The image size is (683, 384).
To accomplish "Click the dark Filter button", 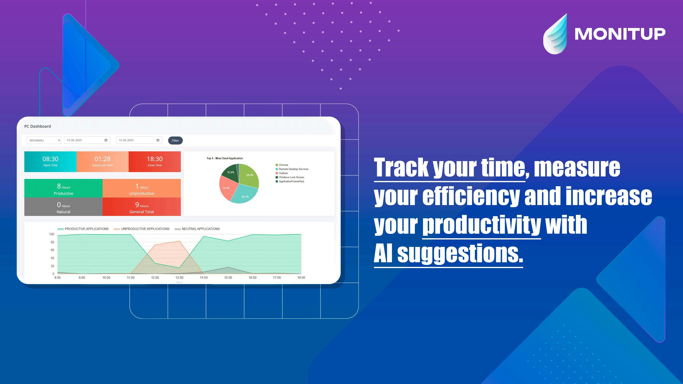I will [x=175, y=141].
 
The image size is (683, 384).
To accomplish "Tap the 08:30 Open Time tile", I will [x=50, y=162].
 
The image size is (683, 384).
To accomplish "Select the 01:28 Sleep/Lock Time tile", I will [x=102, y=162].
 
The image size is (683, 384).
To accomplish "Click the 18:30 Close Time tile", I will [x=155, y=162].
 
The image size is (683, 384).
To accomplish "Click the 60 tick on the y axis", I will [x=52, y=250].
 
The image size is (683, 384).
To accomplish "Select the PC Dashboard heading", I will [x=38, y=126].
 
